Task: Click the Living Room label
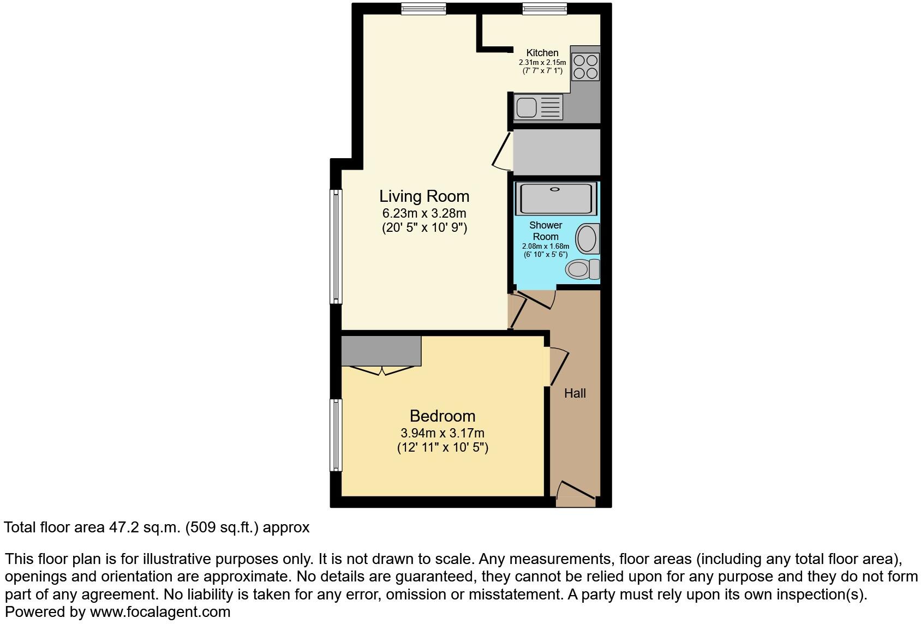[424, 196]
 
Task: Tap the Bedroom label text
[442, 416]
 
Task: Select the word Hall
[575, 393]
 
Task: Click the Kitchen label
[542, 53]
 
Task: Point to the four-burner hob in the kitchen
[585, 66]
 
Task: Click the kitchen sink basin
[527, 107]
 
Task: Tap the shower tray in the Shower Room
[555, 199]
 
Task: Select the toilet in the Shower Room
[582, 269]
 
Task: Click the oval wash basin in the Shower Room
[587, 239]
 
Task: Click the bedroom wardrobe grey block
[381, 351]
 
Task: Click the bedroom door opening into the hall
[558, 367]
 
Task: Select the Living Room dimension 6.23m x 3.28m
[424, 213]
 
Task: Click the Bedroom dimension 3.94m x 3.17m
[442, 433]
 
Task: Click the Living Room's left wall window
[336, 246]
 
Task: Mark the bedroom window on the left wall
[336, 435]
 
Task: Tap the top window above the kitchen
[544, 9]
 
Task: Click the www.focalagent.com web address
[160, 612]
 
